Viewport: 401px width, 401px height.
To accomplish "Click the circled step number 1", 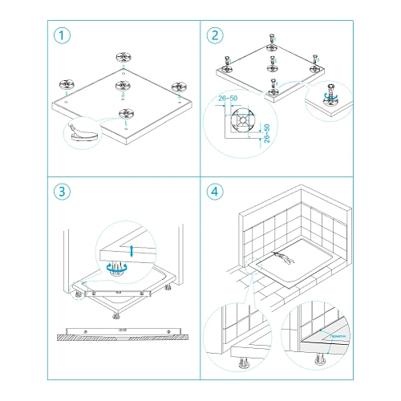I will [x=60, y=36].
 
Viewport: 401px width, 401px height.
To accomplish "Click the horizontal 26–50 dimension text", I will [x=228, y=99].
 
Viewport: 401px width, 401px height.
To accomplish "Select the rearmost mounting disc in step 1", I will [x=124, y=58].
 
